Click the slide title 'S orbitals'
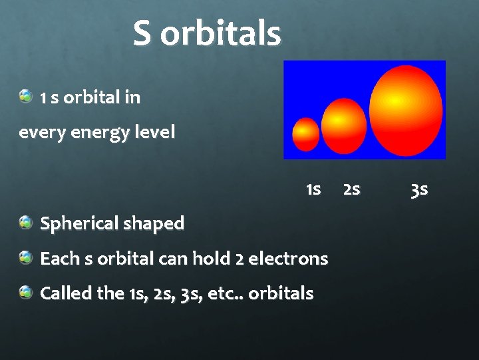[x=207, y=33]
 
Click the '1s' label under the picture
[x=313, y=190]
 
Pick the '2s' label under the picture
[x=351, y=190]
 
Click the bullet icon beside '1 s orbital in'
[x=26, y=96]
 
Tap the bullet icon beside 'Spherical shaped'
[x=26, y=222]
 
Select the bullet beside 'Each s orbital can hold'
[x=26, y=257]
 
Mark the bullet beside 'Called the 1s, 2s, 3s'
[x=26, y=291]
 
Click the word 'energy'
[x=95, y=133]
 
